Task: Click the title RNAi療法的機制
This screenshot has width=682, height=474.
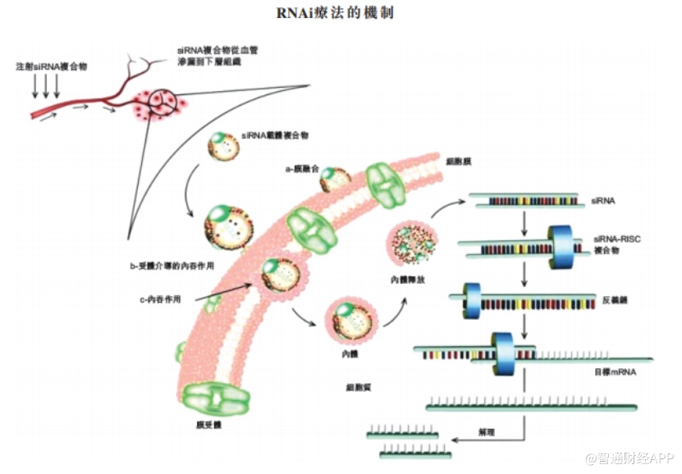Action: click(340, 15)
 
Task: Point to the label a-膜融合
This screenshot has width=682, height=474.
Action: click(301, 169)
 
